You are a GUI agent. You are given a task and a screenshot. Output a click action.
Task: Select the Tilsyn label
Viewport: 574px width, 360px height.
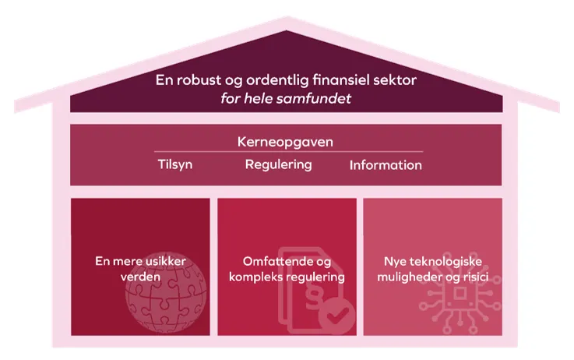click(x=175, y=164)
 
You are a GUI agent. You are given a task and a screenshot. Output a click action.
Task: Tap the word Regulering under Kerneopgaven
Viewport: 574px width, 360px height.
click(x=278, y=164)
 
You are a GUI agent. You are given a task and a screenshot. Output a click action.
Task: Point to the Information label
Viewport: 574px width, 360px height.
click(x=386, y=165)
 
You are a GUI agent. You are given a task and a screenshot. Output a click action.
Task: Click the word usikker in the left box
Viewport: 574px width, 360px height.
click(x=164, y=262)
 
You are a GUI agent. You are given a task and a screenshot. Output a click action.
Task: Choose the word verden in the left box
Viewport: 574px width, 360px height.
click(x=142, y=277)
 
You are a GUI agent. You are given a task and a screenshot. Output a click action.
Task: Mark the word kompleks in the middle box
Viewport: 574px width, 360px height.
click(x=258, y=277)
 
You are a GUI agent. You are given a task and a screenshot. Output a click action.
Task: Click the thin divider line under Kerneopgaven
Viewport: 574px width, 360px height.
click(x=288, y=152)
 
